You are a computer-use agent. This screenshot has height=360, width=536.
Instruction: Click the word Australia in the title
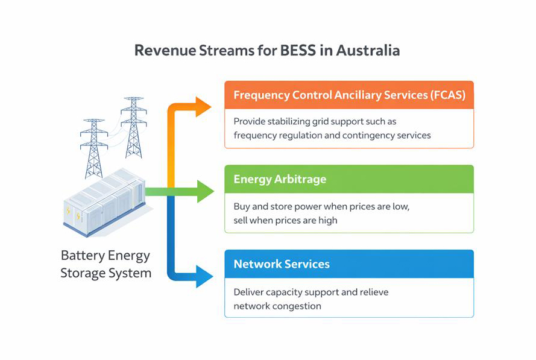pos(368,50)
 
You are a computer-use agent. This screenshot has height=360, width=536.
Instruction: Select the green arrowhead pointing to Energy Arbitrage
pos(206,191)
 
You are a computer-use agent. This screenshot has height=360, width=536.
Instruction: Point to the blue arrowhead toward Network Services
pos(204,277)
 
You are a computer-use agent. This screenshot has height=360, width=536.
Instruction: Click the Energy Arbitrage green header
pos(348,179)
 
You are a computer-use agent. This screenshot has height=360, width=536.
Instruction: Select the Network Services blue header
pos(348,264)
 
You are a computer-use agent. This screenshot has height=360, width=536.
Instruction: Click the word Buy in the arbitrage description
pos(242,206)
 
